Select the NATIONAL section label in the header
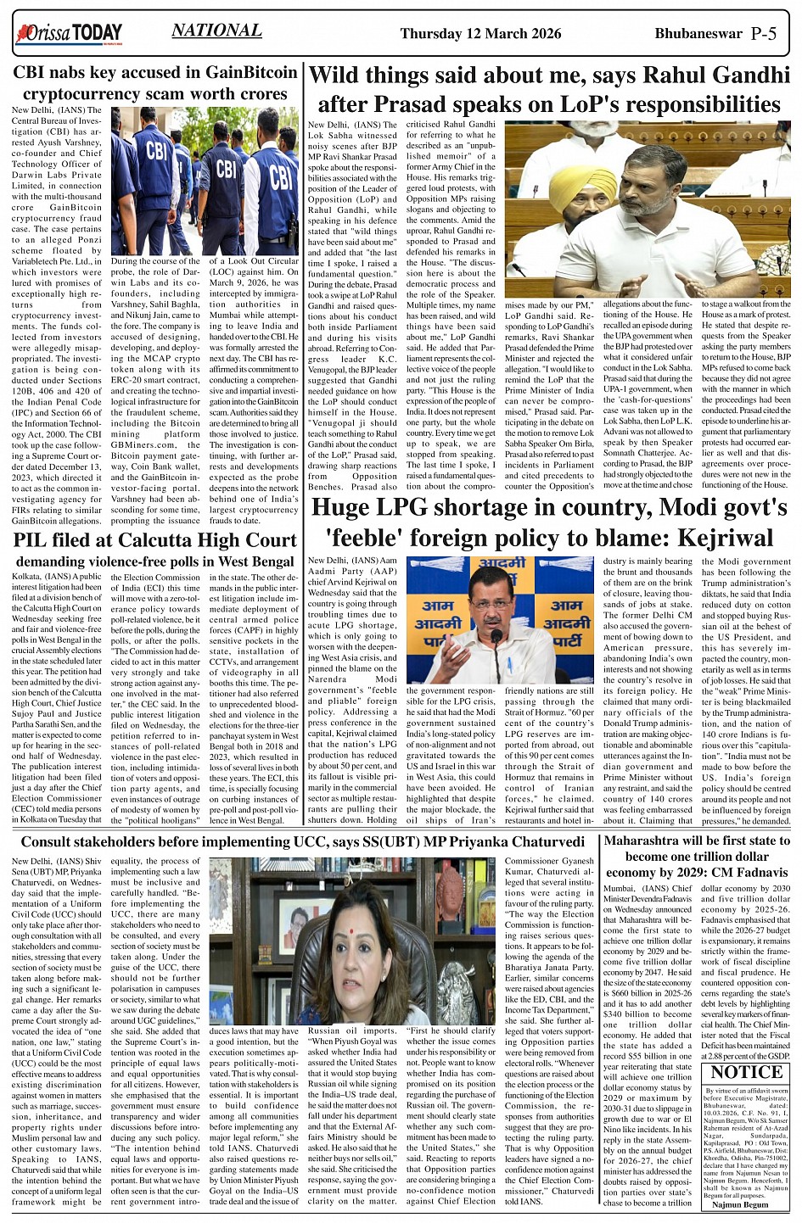[x=216, y=31]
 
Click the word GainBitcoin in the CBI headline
[x=251, y=72]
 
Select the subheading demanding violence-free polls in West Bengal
[x=154, y=561]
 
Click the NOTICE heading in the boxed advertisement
[x=746, y=1073]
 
